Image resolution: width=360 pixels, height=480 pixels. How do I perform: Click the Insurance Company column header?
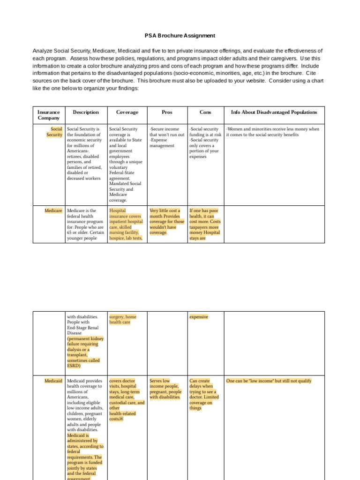click(x=49, y=115)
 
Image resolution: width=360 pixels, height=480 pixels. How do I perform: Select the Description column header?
click(x=86, y=112)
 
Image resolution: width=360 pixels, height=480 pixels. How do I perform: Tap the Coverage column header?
click(x=127, y=112)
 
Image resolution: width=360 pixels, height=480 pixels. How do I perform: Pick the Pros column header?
click(x=166, y=112)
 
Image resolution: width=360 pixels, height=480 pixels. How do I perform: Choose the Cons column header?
click(x=205, y=112)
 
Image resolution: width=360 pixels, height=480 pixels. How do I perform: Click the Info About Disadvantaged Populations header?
click(x=274, y=112)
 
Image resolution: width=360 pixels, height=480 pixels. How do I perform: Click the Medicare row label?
click(x=53, y=211)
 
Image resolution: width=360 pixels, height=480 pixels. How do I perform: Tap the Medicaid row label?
click(x=53, y=381)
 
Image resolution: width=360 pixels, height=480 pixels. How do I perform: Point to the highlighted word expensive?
click(x=199, y=317)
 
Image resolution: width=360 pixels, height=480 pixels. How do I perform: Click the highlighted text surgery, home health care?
click(x=123, y=320)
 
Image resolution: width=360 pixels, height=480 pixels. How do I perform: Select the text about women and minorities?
click(x=272, y=132)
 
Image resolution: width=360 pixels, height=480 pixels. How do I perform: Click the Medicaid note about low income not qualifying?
click(x=269, y=381)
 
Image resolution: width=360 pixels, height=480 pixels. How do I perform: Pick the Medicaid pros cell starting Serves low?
click(x=165, y=389)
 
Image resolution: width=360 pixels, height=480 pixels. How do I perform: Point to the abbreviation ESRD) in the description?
click(x=74, y=366)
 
